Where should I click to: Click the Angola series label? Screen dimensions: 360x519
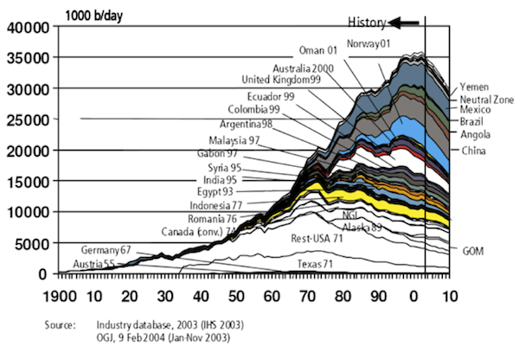coord(475,134)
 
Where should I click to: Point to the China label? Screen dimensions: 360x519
coord(472,151)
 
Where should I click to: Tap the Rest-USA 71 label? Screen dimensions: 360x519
coord(317,237)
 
